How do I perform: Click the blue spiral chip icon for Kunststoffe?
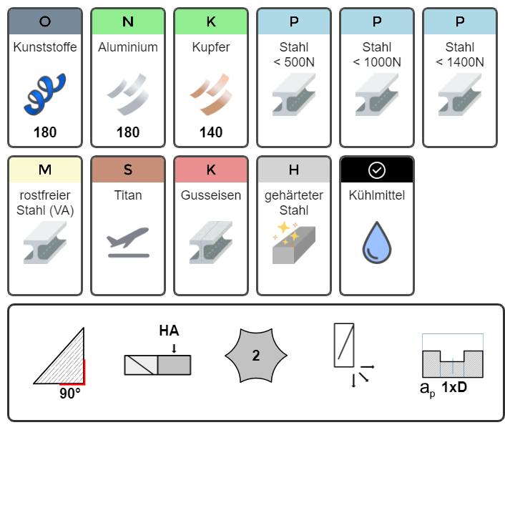44,94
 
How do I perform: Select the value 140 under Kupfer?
211,132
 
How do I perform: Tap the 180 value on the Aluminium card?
128,132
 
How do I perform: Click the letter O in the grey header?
45,21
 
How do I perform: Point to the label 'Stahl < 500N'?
294,54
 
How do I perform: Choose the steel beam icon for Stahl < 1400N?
460,94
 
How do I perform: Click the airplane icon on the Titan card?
128,243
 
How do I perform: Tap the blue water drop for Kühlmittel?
377,243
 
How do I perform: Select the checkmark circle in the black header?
377,170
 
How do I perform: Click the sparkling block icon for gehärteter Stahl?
294,243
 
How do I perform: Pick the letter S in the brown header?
128,170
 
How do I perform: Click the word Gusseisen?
211,195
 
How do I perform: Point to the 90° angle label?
70,394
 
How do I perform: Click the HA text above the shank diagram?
169,331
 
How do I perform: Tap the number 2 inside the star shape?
256,356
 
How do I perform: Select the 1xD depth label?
454,387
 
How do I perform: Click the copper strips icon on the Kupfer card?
211,94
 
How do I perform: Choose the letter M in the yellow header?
45,170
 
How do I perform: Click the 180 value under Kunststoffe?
45,132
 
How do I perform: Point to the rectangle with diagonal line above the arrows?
344,345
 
